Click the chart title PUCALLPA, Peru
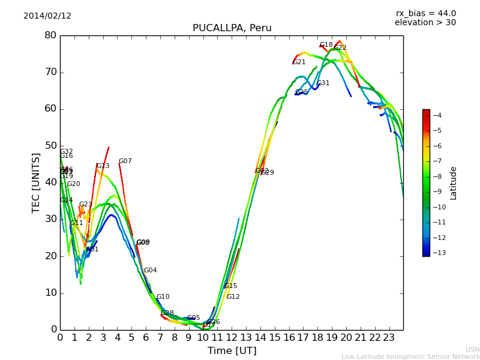232,28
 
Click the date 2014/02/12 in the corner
47,16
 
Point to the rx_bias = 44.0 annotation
425,14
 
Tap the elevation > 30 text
425,23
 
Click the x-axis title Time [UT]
232,351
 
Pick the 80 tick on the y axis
50,35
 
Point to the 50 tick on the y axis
50,146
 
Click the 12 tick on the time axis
232,338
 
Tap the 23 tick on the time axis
389,338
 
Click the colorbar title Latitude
454,183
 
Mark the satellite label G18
326,45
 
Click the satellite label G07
125,161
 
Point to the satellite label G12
233,297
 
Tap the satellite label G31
323,83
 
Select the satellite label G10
163,297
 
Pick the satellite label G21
299,62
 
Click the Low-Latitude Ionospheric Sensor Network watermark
410,357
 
